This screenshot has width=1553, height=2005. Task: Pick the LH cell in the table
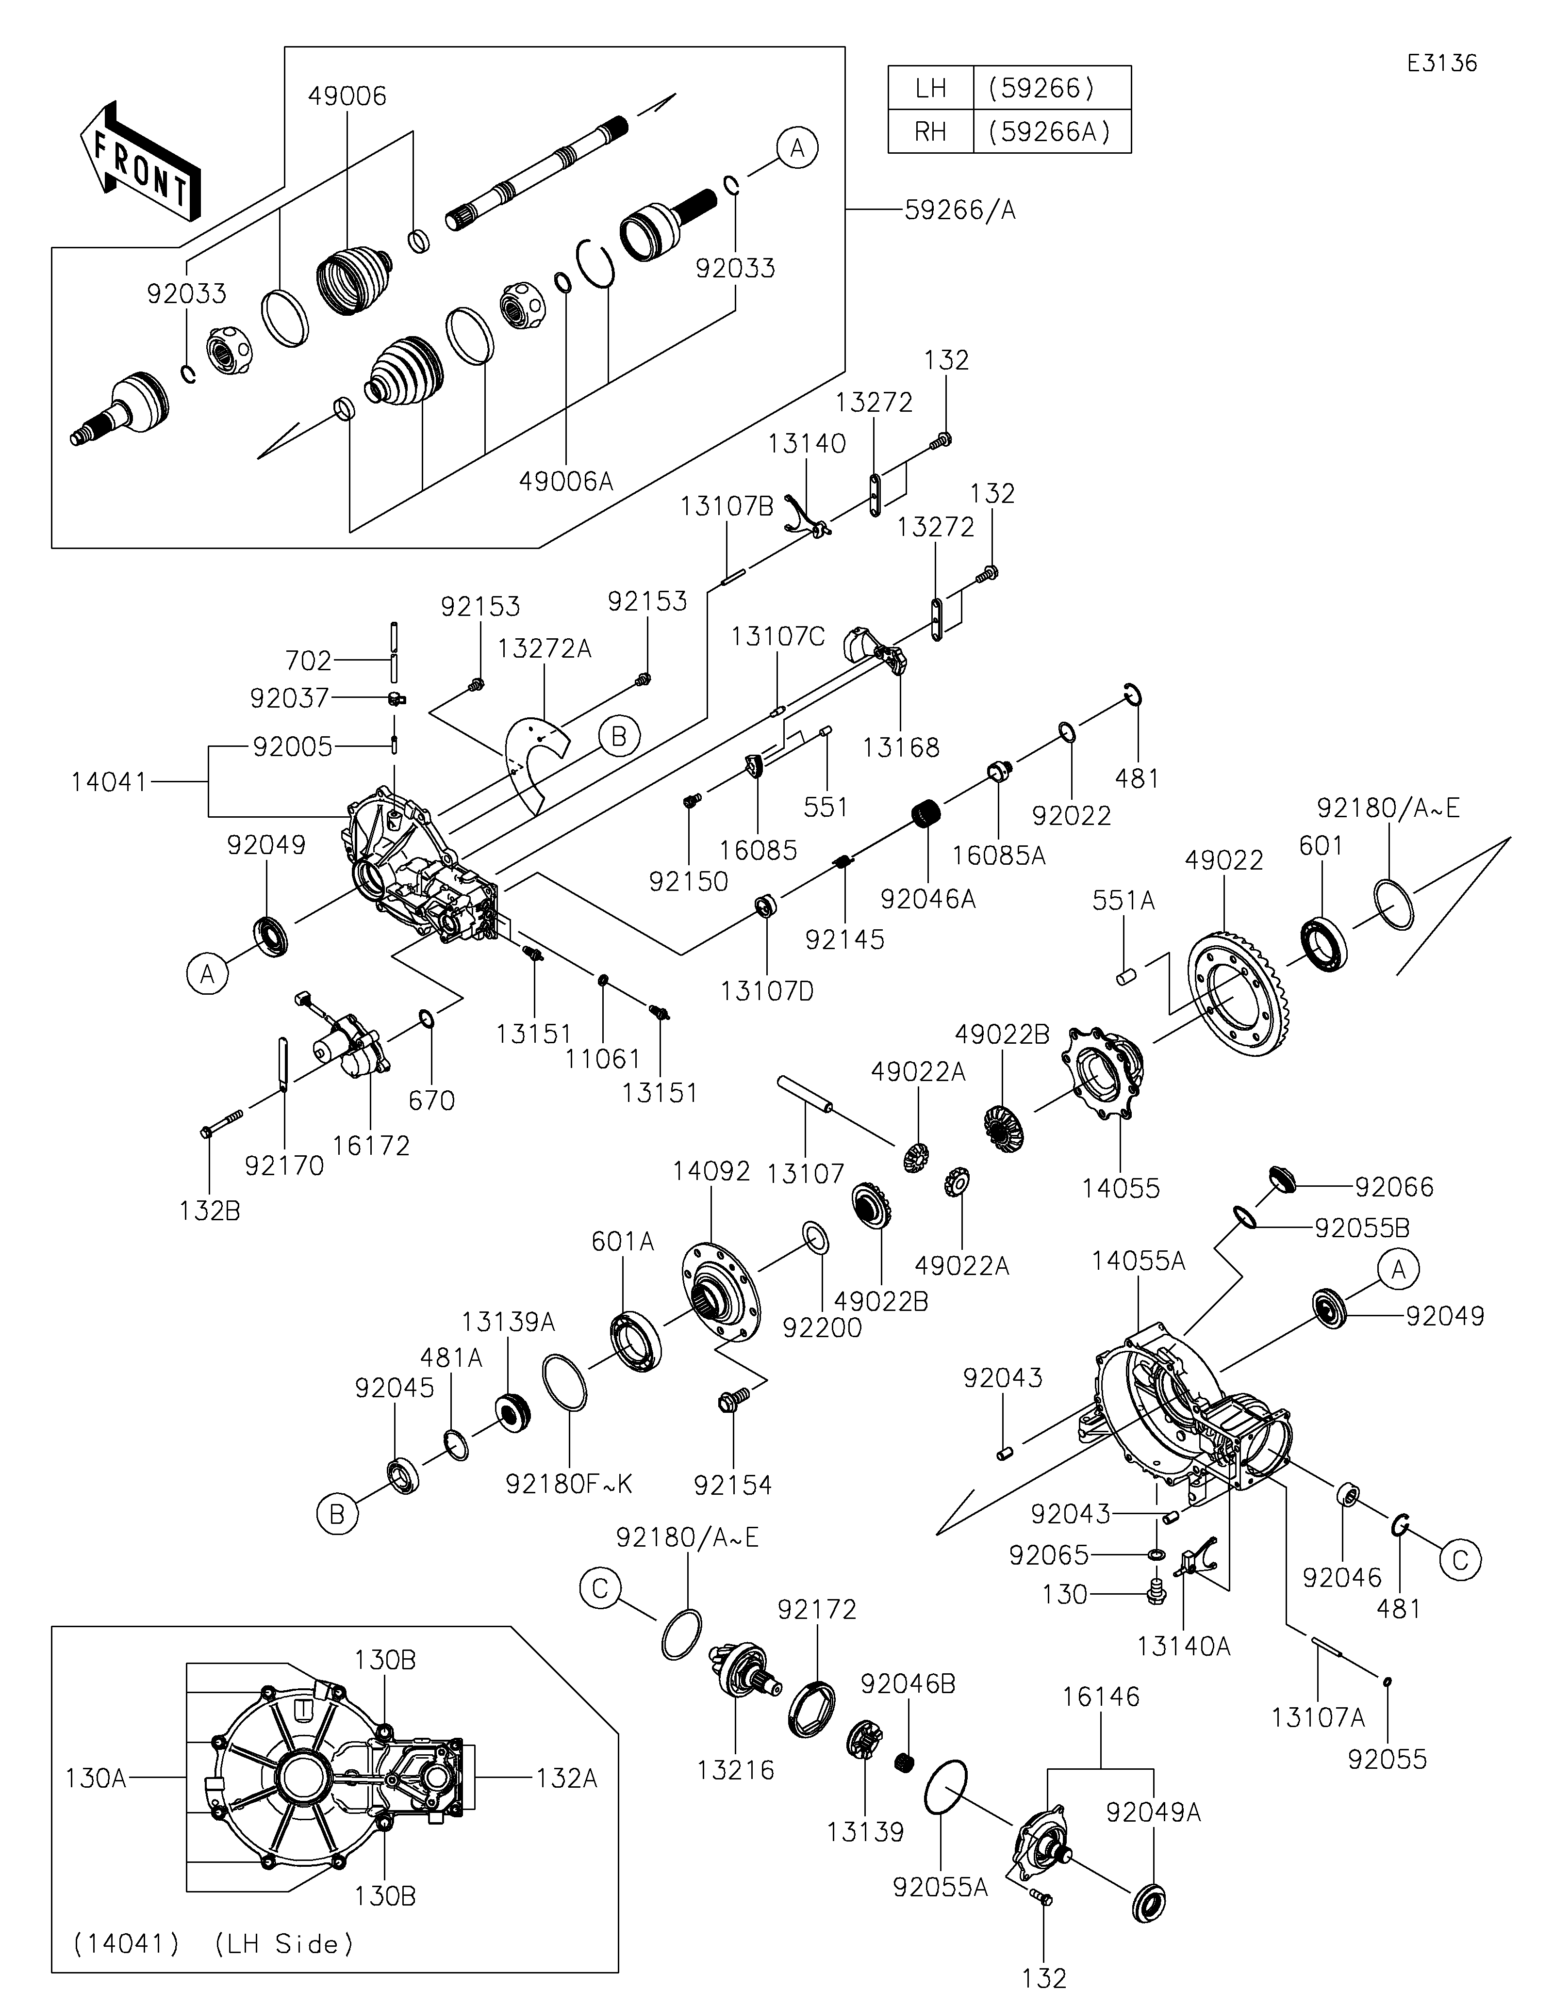click(x=930, y=88)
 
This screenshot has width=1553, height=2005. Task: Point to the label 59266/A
click(x=960, y=210)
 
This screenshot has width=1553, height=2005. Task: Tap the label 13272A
click(x=545, y=649)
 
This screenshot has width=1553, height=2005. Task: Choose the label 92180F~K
click(x=569, y=1485)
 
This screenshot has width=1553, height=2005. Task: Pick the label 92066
click(x=1394, y=1187)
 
